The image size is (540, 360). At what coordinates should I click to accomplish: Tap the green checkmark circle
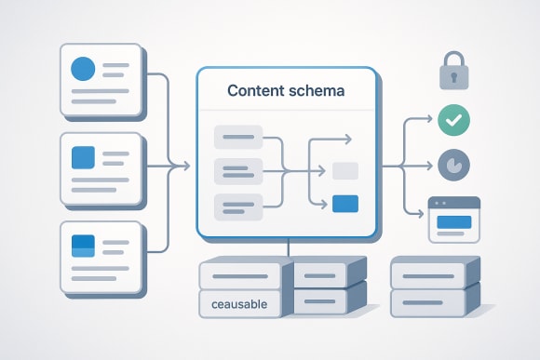click(454, 119)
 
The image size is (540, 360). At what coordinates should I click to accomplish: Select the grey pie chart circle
click(454, 166)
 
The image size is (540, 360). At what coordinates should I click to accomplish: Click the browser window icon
click(452, 220)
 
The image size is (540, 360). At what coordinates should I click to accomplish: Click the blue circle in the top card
click(84, 68)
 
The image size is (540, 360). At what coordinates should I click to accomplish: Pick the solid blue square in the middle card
click(84, 156)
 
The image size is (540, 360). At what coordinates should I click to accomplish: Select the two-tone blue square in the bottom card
click(84, 246)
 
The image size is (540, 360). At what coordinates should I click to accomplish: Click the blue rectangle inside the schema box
click(344, 202)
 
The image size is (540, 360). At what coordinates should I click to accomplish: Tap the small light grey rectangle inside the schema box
click(344, 171)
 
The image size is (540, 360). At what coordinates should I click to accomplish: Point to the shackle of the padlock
click(454, 60)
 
